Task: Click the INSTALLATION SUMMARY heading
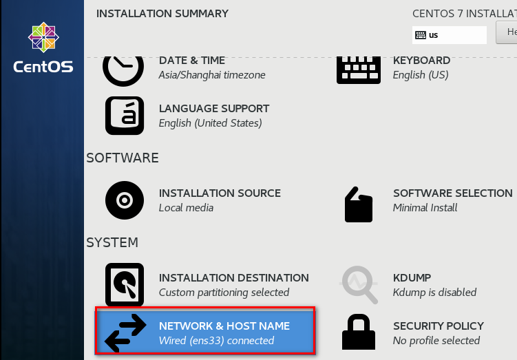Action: tap(162, 13)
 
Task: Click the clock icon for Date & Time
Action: tap(123, 67)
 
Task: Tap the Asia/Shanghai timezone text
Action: tap(212, 75)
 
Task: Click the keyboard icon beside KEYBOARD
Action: tap(358, 69)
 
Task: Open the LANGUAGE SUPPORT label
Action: tap(214, 109)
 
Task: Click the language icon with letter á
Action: tap(125, 115)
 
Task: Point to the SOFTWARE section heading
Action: tap(123, 158)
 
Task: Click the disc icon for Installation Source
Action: tap(125, 200)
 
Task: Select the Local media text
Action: tap(186, 208)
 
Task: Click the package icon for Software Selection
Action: tap(358, 204)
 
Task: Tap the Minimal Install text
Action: tap(425, 208)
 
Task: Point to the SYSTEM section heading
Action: tap(112, 242)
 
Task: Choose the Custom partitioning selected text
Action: tap(224, 293)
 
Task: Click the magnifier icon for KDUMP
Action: tap(359, 284)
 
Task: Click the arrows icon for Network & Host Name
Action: tap(125, 332)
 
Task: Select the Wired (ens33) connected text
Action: tap(216, 341)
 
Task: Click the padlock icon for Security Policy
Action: tap(358, 332)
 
